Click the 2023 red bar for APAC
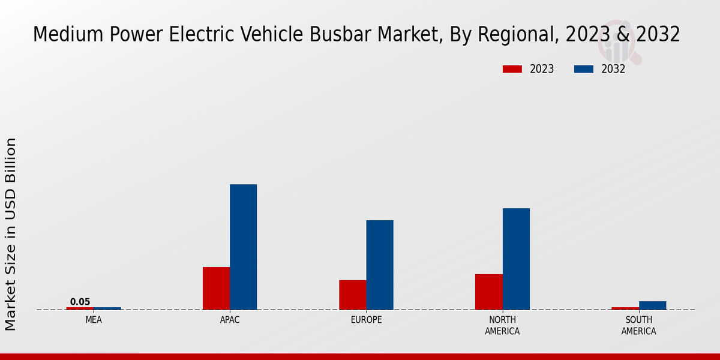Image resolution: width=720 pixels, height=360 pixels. click(216, 288)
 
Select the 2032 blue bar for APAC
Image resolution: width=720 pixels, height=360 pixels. click(243, 247)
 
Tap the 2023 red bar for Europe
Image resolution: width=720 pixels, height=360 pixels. click(352, 295)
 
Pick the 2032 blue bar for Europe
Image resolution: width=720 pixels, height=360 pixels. click(380, 265)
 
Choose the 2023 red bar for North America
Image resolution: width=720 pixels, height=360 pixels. click(488, 292)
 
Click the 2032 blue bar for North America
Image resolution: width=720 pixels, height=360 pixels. click(516, 259)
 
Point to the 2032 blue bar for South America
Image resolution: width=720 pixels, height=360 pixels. click(652, 305)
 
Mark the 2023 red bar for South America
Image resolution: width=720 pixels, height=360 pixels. click(625, 308)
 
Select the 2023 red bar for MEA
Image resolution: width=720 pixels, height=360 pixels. click(80, 308)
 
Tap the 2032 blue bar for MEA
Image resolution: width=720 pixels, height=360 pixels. click(107, 308)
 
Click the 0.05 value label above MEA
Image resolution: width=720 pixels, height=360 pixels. click(80, 302)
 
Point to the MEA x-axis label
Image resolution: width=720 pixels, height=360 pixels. click(94, 320)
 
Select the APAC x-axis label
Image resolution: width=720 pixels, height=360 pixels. click(230, 320)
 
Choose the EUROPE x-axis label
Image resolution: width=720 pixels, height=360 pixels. click(366, 320)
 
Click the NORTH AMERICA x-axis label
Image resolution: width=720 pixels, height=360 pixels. click(502, 325)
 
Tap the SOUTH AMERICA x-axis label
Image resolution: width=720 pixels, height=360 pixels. click(638, 325)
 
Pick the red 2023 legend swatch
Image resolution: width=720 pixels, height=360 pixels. click(512, 69)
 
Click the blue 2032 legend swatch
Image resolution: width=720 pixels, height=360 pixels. click(583, 69)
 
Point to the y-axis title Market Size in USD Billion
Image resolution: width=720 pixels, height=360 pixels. click(11, 234)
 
